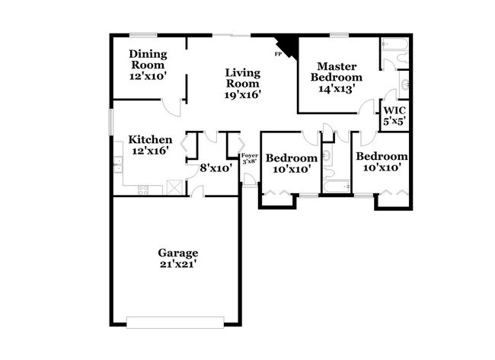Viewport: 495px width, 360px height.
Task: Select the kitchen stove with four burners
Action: pos(143,190)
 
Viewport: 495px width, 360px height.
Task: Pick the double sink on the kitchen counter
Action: pos(118,164)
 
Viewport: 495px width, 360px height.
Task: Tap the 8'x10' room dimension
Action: pos(216,168)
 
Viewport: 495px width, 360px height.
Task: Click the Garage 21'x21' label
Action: pos(178,258)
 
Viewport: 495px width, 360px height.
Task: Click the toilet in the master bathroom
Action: pos(404,82)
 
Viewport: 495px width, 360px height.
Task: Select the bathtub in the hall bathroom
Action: pos(336,186)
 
